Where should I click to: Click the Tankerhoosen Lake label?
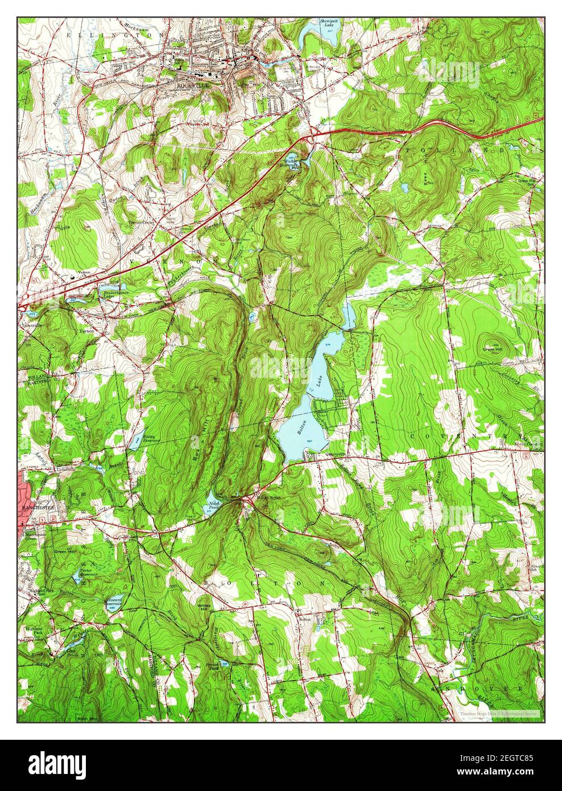pos(110,294)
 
